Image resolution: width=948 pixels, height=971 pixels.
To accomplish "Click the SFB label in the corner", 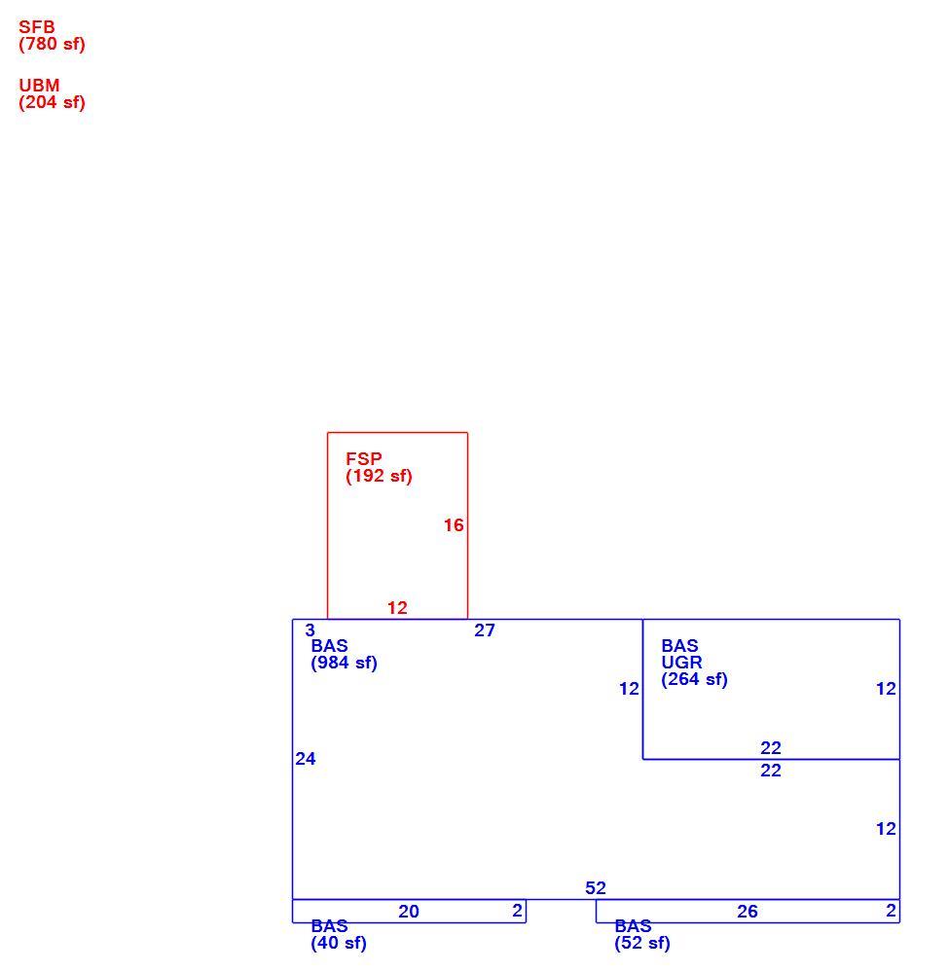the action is pos(37,27).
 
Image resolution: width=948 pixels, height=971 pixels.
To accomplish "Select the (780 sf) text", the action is pos(52,44).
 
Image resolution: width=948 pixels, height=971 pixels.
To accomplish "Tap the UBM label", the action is pos(39,86).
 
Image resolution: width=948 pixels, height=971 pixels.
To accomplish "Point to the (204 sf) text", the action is pos(52,102).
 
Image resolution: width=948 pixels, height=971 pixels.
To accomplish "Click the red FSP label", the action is pos(364,459).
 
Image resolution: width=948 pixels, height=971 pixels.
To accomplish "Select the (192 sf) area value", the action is pos(380,476).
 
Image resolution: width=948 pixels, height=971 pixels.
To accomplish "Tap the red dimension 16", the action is pos(454,525).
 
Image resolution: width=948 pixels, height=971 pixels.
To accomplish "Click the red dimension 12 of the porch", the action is pos(397,607).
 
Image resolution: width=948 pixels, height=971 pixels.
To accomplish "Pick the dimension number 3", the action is pos(310,630).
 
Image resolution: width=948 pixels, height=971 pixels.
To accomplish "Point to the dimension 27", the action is pos(485,630).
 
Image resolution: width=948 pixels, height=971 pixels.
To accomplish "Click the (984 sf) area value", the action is pos(344,663).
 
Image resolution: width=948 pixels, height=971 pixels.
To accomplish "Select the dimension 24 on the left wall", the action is pos(306,759).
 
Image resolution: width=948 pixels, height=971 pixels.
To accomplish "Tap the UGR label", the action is pos(681,662).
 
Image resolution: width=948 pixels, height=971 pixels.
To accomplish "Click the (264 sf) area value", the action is pos(695,679).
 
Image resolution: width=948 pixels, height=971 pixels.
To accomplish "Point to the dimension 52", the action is pos(596,888).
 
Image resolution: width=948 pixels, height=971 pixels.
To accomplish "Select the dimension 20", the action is pos(409,912).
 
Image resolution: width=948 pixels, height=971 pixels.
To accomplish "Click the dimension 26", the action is pos(747,912).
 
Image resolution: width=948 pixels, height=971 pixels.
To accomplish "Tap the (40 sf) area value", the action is pos(339,943).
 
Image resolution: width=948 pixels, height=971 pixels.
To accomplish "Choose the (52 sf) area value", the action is pos(642,943).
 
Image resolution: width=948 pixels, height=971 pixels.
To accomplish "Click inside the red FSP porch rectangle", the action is pos(397,545).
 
